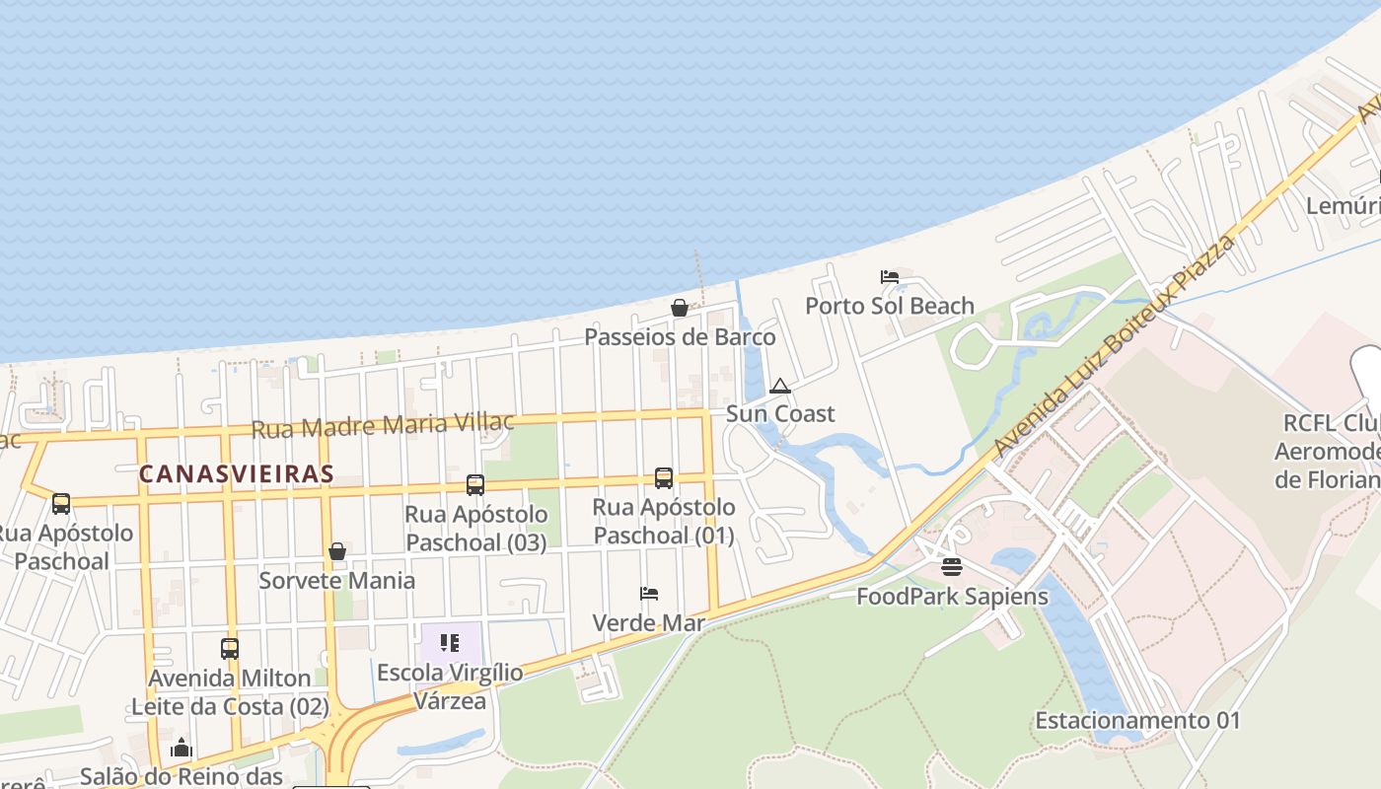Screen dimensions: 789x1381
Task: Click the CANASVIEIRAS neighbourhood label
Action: click(x=237, y=474)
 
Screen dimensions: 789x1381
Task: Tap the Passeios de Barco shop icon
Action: click(x=679, y=308)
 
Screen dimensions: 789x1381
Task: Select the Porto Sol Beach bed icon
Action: click(x=890, y=277)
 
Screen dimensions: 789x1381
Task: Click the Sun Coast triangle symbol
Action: click(x=780, y=386)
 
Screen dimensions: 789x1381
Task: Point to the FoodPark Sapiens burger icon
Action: click(x=951, y=567)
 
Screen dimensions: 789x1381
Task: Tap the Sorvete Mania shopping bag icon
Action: click(x=337, y=551)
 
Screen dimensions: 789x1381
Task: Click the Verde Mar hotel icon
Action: click(x=649, y=594)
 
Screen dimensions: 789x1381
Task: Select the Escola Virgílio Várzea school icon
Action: click(x=450, y=644)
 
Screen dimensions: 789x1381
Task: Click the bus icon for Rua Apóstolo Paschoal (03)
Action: click(x=475, y=485)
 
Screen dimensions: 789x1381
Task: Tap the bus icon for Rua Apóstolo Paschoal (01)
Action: click(x=664, y=478)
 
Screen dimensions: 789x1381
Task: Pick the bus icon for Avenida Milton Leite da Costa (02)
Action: click(x=230, y=649)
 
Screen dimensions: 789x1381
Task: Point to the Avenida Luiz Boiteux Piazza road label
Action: click(x=1115, y=345)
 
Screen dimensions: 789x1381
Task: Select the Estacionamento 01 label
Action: click(x=1137, y=720)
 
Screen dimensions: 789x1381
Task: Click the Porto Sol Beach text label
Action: click(x=890, y=306)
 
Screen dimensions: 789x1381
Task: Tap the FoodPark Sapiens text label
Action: click(x=952, y=596)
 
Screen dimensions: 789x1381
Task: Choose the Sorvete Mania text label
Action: click(x=337, y=580)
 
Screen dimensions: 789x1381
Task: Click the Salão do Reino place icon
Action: click(x=181, y=749)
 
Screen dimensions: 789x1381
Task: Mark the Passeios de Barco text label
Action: click(x=680, y=336)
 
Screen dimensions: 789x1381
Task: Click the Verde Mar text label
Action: click(x=649, y=623)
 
